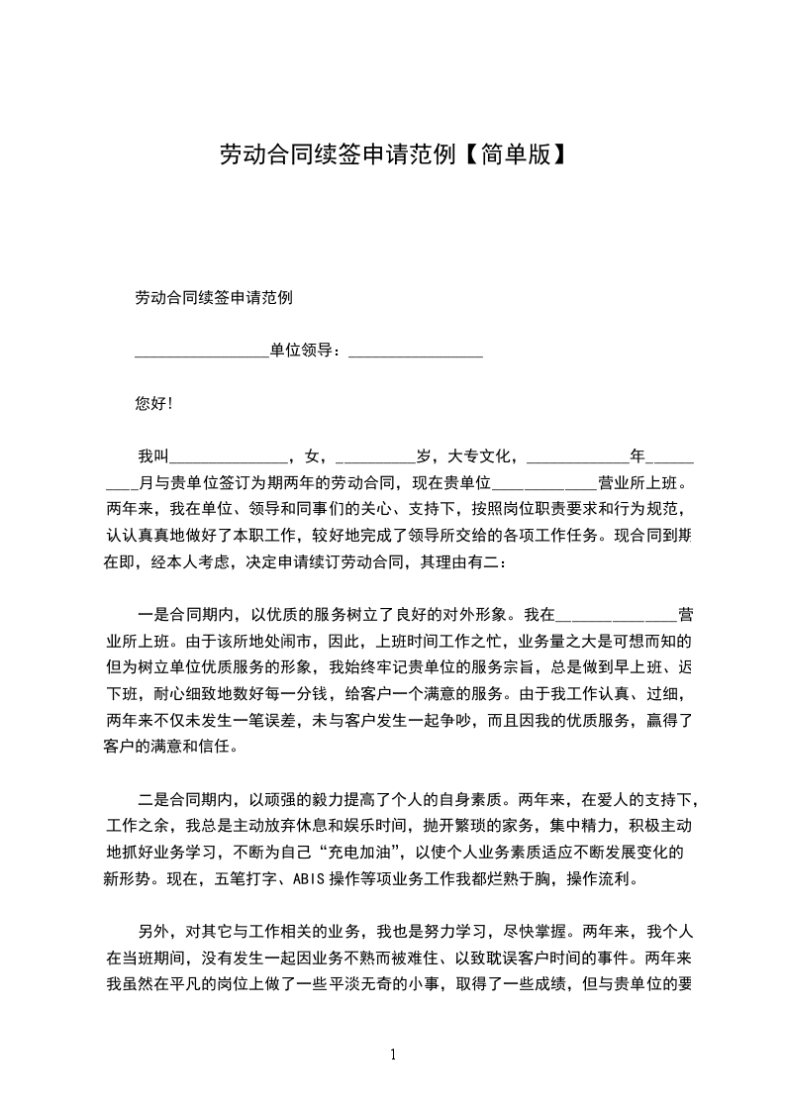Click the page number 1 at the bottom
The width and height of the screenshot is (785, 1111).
[393, 1055]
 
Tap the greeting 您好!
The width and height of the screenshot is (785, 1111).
[153, 403]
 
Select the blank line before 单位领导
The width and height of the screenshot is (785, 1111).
[201, 351]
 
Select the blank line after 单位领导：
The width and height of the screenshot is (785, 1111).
[416, 351]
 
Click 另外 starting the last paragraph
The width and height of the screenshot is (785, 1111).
[154, 932]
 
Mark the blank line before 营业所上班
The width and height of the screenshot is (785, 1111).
[544, 484]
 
